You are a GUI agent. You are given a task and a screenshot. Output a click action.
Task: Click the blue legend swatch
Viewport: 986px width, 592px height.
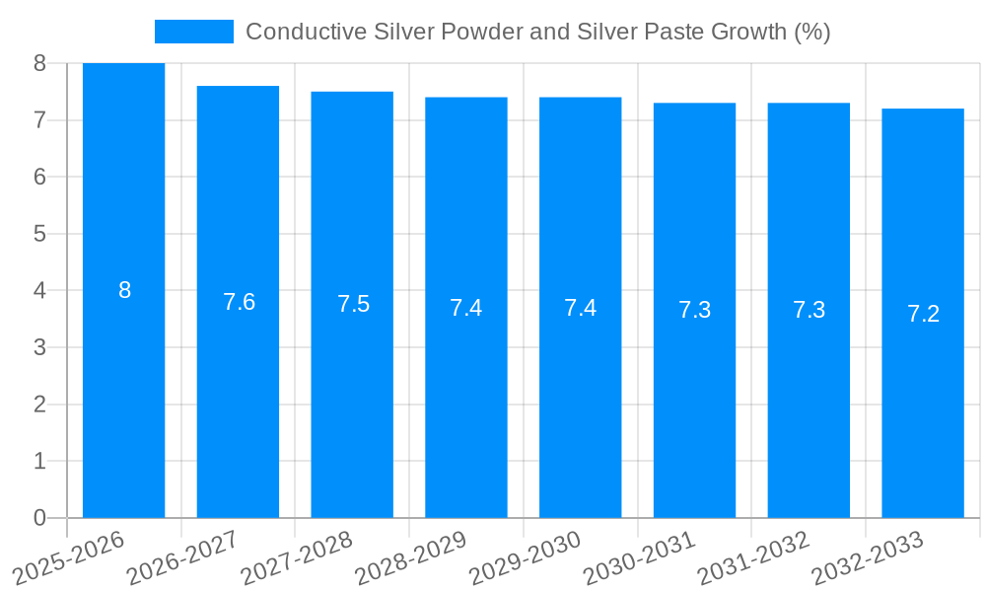(x=194, y=32)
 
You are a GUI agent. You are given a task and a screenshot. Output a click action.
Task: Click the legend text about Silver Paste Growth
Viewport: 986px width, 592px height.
(x=537, y=32)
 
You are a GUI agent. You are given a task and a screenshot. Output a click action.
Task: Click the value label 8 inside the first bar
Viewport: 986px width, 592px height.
(x=124, y=290)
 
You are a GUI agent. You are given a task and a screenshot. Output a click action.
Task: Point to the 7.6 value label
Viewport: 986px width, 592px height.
(x=239, y=302)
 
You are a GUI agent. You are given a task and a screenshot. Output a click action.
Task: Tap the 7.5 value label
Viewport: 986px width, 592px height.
(x=353, y=304)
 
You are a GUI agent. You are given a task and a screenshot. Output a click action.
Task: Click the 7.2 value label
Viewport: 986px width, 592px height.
(x=923, y=314)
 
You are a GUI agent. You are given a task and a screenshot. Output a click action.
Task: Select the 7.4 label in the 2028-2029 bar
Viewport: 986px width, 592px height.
(x=466, y=308)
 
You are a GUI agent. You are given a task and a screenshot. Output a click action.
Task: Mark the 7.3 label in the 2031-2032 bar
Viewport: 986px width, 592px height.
(x=809, y=310)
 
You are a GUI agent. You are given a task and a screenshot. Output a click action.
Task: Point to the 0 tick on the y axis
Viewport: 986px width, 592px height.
(x=39, y=518)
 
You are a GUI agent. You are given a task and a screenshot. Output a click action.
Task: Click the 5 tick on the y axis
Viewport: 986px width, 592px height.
(x=39, y=234)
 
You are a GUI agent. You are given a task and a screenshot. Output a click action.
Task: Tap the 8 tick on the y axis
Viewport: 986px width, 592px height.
(x=39, y=64)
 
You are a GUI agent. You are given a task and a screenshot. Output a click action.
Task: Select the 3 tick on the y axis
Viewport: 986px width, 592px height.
(x=39, y=347)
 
